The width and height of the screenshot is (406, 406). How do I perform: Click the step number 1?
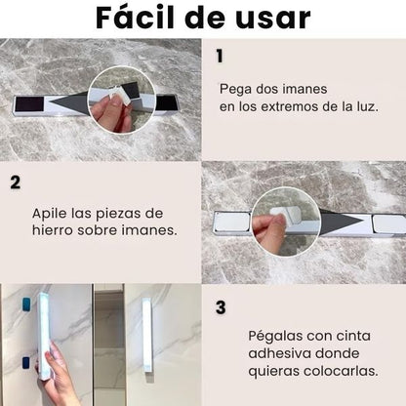pyautogui.click(x=220, y=56)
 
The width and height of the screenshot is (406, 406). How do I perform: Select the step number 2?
pyautogui.click(x=16, y=183)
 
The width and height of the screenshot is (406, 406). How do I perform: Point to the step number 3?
pyautogui.click(x=221, y=306)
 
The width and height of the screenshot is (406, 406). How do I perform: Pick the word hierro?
pyautogui.click(x=53, y=230)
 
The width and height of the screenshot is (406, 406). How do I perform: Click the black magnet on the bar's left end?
pyautogui.click(x=29, y=104)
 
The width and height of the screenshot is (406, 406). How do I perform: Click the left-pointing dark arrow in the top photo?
pyautogui.click(x=68, y=102)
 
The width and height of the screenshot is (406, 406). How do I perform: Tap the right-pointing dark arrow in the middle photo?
pyautogui.click(x=342, y=221)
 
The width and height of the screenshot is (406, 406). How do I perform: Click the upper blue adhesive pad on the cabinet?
pyautogui.click(x=27, y=304)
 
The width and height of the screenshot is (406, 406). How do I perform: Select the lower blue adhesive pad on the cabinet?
pyautogui.click(x=26, y=363)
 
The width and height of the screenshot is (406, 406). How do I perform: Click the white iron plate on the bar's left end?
pyautogui.click(x=232, y=223)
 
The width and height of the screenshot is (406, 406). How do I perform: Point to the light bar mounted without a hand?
pyautogui.click(x=147, y=335)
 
